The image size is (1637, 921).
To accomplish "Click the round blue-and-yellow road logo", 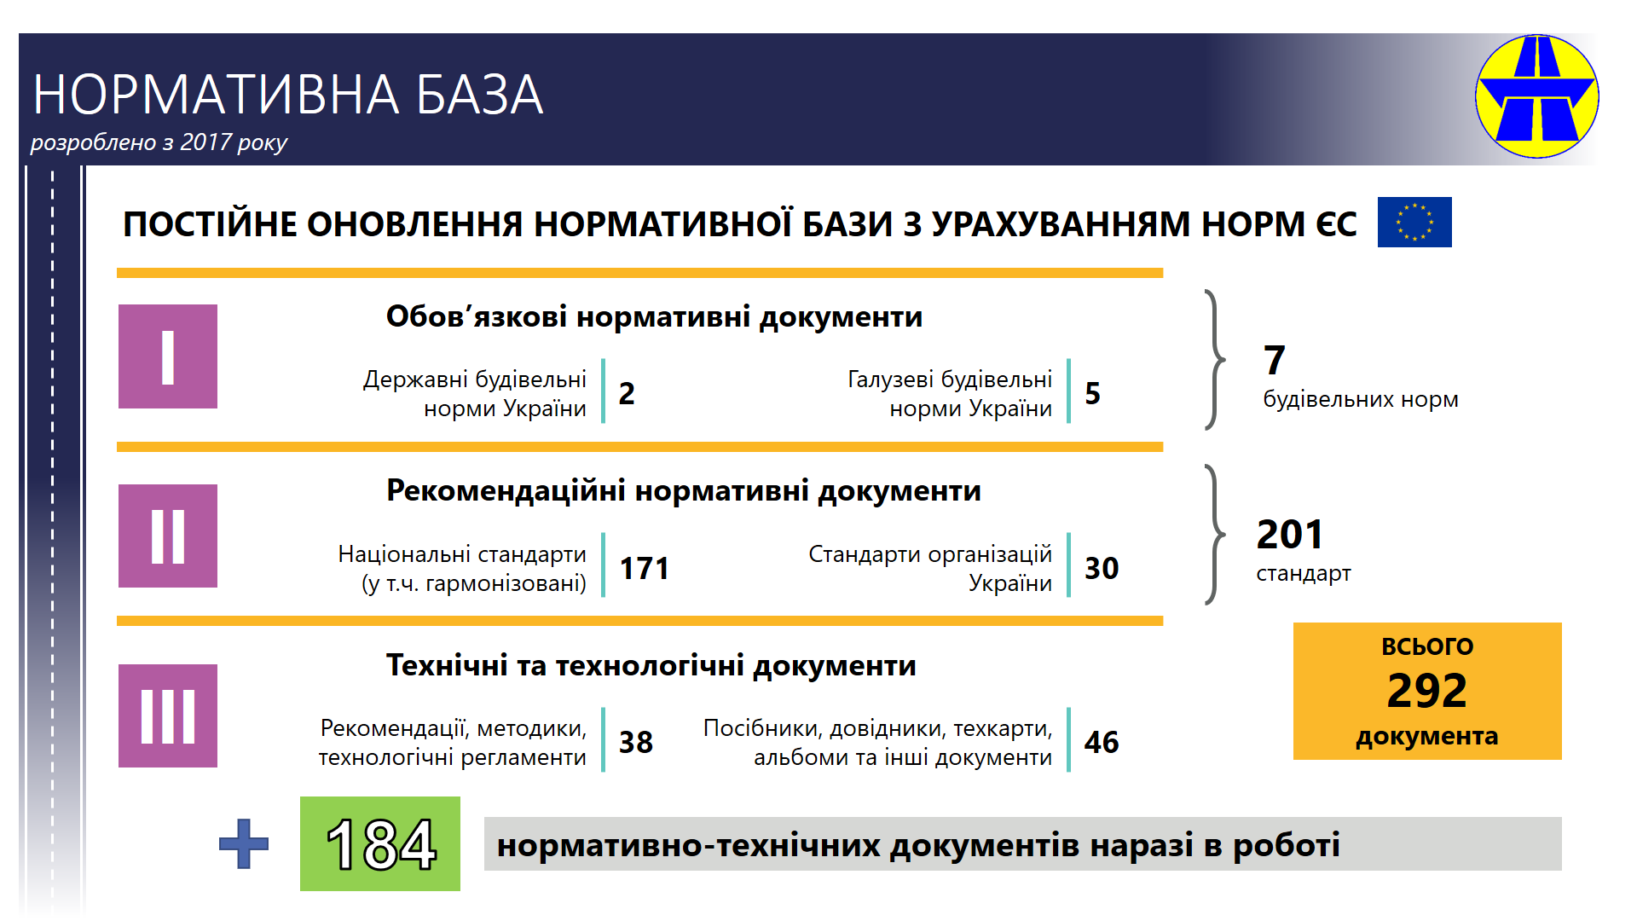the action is tap(1537, 96).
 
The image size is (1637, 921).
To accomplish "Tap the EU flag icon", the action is tap(1414, 223).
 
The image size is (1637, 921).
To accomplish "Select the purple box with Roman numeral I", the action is tap(168, 356).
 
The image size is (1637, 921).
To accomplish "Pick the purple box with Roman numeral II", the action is tap(168, 536).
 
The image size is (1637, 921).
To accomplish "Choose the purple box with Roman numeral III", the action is tap(168, 715).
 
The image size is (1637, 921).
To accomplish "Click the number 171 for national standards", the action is tap(645, 568).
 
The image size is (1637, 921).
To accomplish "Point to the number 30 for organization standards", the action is tap(1102, 568).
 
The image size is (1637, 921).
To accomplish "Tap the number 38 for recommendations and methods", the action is tap(636, 742).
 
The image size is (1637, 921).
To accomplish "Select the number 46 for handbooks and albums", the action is tap(1102, 742).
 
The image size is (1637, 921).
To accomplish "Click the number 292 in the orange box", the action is tap(1426, 690).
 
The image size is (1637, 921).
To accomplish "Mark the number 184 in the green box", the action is tap(381, 845).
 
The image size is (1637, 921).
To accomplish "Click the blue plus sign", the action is tap(244, 844).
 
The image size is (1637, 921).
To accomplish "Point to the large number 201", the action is tap(1290, 535).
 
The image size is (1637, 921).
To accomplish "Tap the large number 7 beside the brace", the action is tap(1275, 360).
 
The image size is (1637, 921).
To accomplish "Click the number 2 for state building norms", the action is tap(627, 393).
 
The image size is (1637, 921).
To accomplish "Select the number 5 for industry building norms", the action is tap(1093, 393).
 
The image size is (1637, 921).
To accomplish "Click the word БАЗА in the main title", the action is tap(480, 94).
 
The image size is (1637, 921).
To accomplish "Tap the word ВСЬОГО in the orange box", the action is tap(1427, 646).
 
